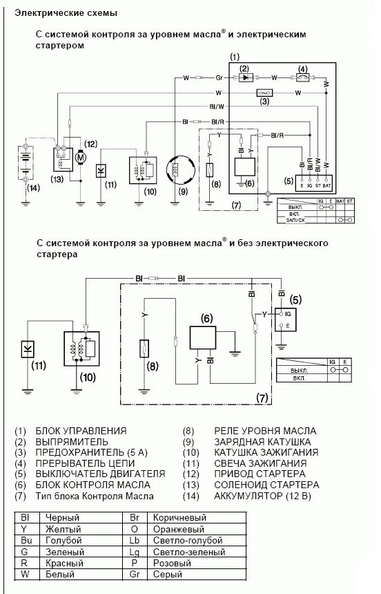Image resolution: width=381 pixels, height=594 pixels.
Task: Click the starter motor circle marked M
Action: [81, 158]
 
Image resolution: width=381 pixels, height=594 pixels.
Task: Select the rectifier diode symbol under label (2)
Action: [244, 78]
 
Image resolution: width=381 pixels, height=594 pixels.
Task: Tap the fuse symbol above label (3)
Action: [264, 92]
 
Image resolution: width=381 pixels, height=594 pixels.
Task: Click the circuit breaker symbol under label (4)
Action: [302, 78]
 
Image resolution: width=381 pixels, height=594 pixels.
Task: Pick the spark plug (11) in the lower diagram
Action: [28, 346]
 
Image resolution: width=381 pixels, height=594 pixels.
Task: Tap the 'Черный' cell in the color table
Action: [62, 517]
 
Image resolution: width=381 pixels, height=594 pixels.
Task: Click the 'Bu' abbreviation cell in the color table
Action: [26, 540]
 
